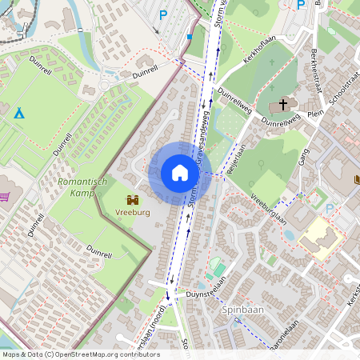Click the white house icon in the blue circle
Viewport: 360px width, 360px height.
(180, 173)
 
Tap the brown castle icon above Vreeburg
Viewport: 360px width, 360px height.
(132, 199)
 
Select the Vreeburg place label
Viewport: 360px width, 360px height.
(132, 214)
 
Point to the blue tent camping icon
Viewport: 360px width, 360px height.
(19, 113)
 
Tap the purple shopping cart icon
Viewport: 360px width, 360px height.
(4, 196)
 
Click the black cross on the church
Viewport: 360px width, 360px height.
(282, 105)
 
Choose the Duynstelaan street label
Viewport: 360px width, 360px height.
(206, 294)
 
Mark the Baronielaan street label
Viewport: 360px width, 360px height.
(284, 335)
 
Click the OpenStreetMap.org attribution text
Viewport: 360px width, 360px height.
(112, 354)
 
